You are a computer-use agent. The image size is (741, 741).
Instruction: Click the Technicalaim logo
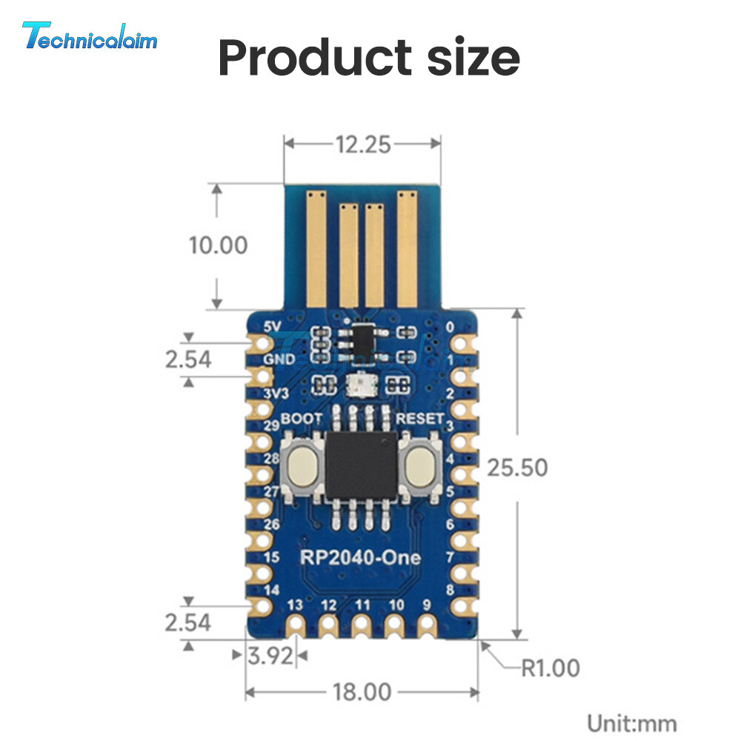pyautogui.click(x=90, y=36)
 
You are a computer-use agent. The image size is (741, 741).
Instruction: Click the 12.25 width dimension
pyautogui.click(x=362, y=144)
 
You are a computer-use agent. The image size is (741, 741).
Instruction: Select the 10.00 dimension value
pyautogui.click(x=217, y=245)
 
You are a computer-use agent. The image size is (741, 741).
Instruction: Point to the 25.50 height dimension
pyautogui.click(x=517, y=468)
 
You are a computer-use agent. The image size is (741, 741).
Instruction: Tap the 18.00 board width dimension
pyautogui.click(x=362, y=692)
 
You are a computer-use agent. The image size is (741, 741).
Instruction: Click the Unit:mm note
pyautogui.click(x=631, y=722)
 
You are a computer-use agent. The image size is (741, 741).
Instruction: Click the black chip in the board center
pyautogui.click(x=362, y=465)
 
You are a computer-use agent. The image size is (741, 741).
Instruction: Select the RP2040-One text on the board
pyautogui.click(x=361, y=557)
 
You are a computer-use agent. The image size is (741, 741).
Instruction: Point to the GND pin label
pyautogui.click(x=278, y=359)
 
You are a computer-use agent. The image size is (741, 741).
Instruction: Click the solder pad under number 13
pyautogui.click(x=296, y=625)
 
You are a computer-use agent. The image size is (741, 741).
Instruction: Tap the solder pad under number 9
pyautogui.click(x=426, y=625)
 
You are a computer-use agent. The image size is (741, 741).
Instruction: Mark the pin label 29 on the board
pyautogui.click(x=272, y=425)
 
